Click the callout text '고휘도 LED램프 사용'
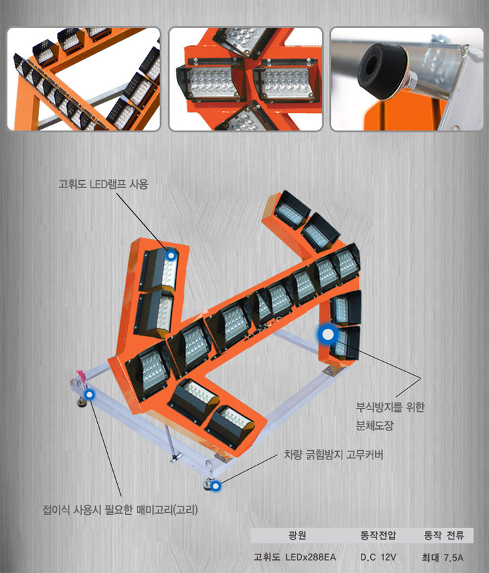pyautogui.click(x=103, y=184)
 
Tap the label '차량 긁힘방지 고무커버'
pyautogui.click(x=333, y=455)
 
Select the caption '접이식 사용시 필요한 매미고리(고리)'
pyautogui.click(x=120, y=510)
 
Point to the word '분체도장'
pyautogui.click(x=375, y=425)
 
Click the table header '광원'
pyautogui.click(x=297, y=535)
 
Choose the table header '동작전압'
pyautogui.click(x=378, y=535)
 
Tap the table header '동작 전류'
pyautogui.click(x=443, y=535)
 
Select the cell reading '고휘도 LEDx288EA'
pyautogui.click(x=295, y=557)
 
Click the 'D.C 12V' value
pyautogui.click(x=378, y=557)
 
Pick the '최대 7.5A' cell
pyautogui.click(x=443, y=558)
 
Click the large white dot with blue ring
pyautogui.click(x=328, y=334)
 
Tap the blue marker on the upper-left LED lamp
pyautogui.click(x=170, y=255)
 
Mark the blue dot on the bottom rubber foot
pyautogui.click(x=216, y=486)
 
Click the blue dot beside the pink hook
pyautogui.click(x=89, y=394)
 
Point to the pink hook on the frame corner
pyautogui.click(x=81, y=376)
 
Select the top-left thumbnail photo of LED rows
pyautogui.click(x=84, y=79)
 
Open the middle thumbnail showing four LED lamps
pyautogui.click(x=245, y=79)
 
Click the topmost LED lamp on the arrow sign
pyautogui.click(x=291, y=209)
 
